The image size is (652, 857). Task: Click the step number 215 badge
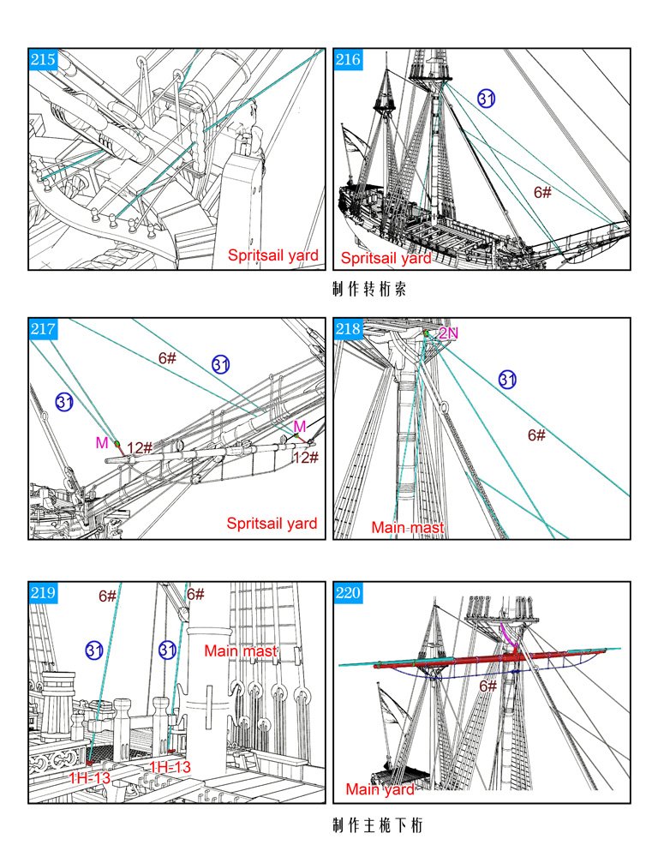tap(43, 59)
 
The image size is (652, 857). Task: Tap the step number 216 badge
tap(348, 59)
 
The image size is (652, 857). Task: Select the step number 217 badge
tap(43, 329)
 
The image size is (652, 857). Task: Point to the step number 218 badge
tap(348, 329)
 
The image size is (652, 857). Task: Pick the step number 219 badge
tap(43, 593)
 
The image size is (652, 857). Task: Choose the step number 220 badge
tap(348, 593)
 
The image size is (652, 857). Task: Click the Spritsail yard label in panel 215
tap(272, 255)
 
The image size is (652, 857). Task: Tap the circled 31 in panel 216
tap(487, 99)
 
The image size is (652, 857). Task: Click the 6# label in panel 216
tap(542, 193)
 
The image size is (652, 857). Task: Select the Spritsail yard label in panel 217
tap(272, 523)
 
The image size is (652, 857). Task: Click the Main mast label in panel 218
tap(408, 528)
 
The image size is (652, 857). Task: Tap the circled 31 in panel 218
tap(507, 379)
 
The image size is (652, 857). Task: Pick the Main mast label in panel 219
tap(241, 651)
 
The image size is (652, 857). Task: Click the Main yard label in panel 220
tap(380, 789)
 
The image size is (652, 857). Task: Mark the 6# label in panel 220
tap(488, 686)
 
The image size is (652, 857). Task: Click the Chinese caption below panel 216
tap(369, 290)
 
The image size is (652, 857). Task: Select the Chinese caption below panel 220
tap(377, 825)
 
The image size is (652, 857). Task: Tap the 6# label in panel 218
tap(536, 435)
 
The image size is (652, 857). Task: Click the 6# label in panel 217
tap(167, 357)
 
